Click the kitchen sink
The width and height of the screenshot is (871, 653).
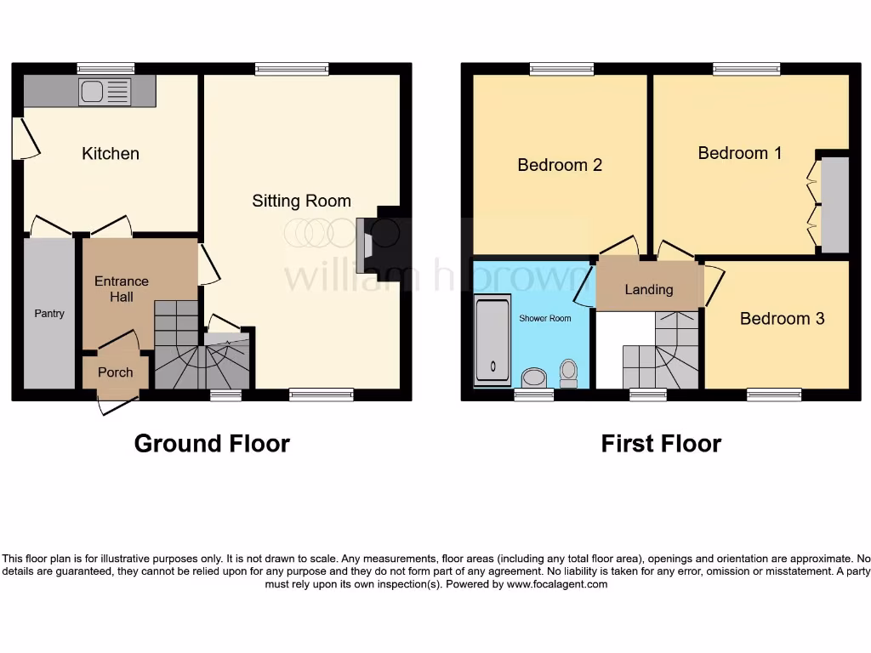pos(104,92)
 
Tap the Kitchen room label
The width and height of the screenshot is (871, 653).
pos(111,154)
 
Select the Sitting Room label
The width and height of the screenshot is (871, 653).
pos(301,201)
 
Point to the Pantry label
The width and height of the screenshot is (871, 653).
pos(49,314)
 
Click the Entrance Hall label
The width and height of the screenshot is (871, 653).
pos(121,289)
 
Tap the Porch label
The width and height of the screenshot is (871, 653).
pos(115,372)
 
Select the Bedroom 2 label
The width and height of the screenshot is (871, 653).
pos(560,165)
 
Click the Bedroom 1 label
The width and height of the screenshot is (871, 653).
pos(739,153)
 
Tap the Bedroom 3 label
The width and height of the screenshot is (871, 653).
pos(782,319)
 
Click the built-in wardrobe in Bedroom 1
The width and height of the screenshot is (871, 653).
pos(834,204)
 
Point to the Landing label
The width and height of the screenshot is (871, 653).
pos(649,290)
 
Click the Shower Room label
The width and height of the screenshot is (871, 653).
pos(545,318)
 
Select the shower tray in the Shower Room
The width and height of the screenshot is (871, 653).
pos(492,339)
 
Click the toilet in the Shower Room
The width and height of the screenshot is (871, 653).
pos(569,372)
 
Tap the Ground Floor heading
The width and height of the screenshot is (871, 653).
pos(212,444)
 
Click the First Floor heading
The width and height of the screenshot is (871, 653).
pos(661,444)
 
